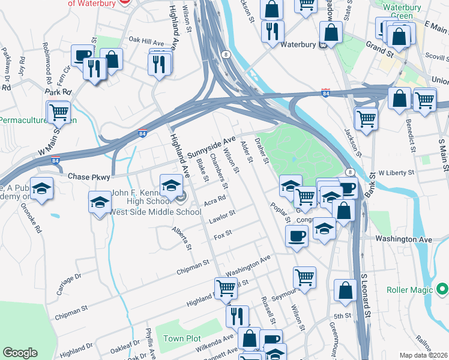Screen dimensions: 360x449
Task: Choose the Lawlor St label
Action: pos(221,217)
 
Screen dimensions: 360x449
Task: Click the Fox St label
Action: pos(223,233)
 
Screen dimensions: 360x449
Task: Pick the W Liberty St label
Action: pos(396,172)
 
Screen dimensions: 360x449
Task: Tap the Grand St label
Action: pos(379,46)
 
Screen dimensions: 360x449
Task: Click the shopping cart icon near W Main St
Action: pos(59,111)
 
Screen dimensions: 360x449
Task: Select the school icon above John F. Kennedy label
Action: pos(171,184)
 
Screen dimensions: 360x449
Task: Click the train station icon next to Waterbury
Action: pos(322,44)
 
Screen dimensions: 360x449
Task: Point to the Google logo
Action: pos(20,352)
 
